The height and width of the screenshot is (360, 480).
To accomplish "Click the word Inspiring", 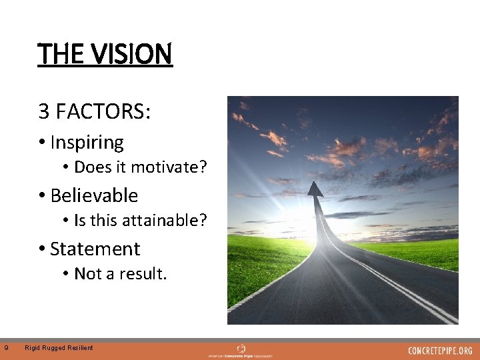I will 87,143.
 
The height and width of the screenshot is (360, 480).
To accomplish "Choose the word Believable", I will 94,196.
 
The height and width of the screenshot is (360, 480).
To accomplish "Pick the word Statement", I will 95,249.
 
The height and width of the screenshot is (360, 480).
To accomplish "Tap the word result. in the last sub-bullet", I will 143,273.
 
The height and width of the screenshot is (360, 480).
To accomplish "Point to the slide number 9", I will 6,347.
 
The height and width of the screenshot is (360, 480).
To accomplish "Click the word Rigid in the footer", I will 32,347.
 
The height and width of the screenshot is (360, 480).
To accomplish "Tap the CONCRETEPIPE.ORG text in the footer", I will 440,350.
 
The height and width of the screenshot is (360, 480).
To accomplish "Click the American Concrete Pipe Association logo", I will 241,351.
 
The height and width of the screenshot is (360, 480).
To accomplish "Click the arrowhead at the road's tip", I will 315,189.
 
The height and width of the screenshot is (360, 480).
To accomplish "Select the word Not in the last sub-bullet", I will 85,273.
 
